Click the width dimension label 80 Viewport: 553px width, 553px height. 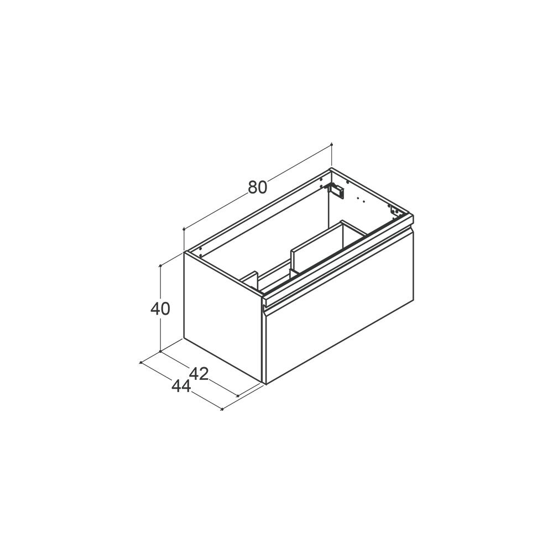click(x=258, y=187)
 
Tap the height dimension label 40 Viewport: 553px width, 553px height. click(x=160, y=309)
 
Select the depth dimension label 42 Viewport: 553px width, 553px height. click(x=199, y=374)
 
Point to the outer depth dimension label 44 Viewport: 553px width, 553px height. click(x=181, y=387)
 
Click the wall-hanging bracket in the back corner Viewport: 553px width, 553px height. click(x=336, y=190)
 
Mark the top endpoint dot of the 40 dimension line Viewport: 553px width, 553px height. click(x=161, y=265)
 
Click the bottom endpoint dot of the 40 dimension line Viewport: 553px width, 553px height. click(x=161, y=351)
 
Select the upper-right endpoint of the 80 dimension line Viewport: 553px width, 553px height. click(x=331, y=144)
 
